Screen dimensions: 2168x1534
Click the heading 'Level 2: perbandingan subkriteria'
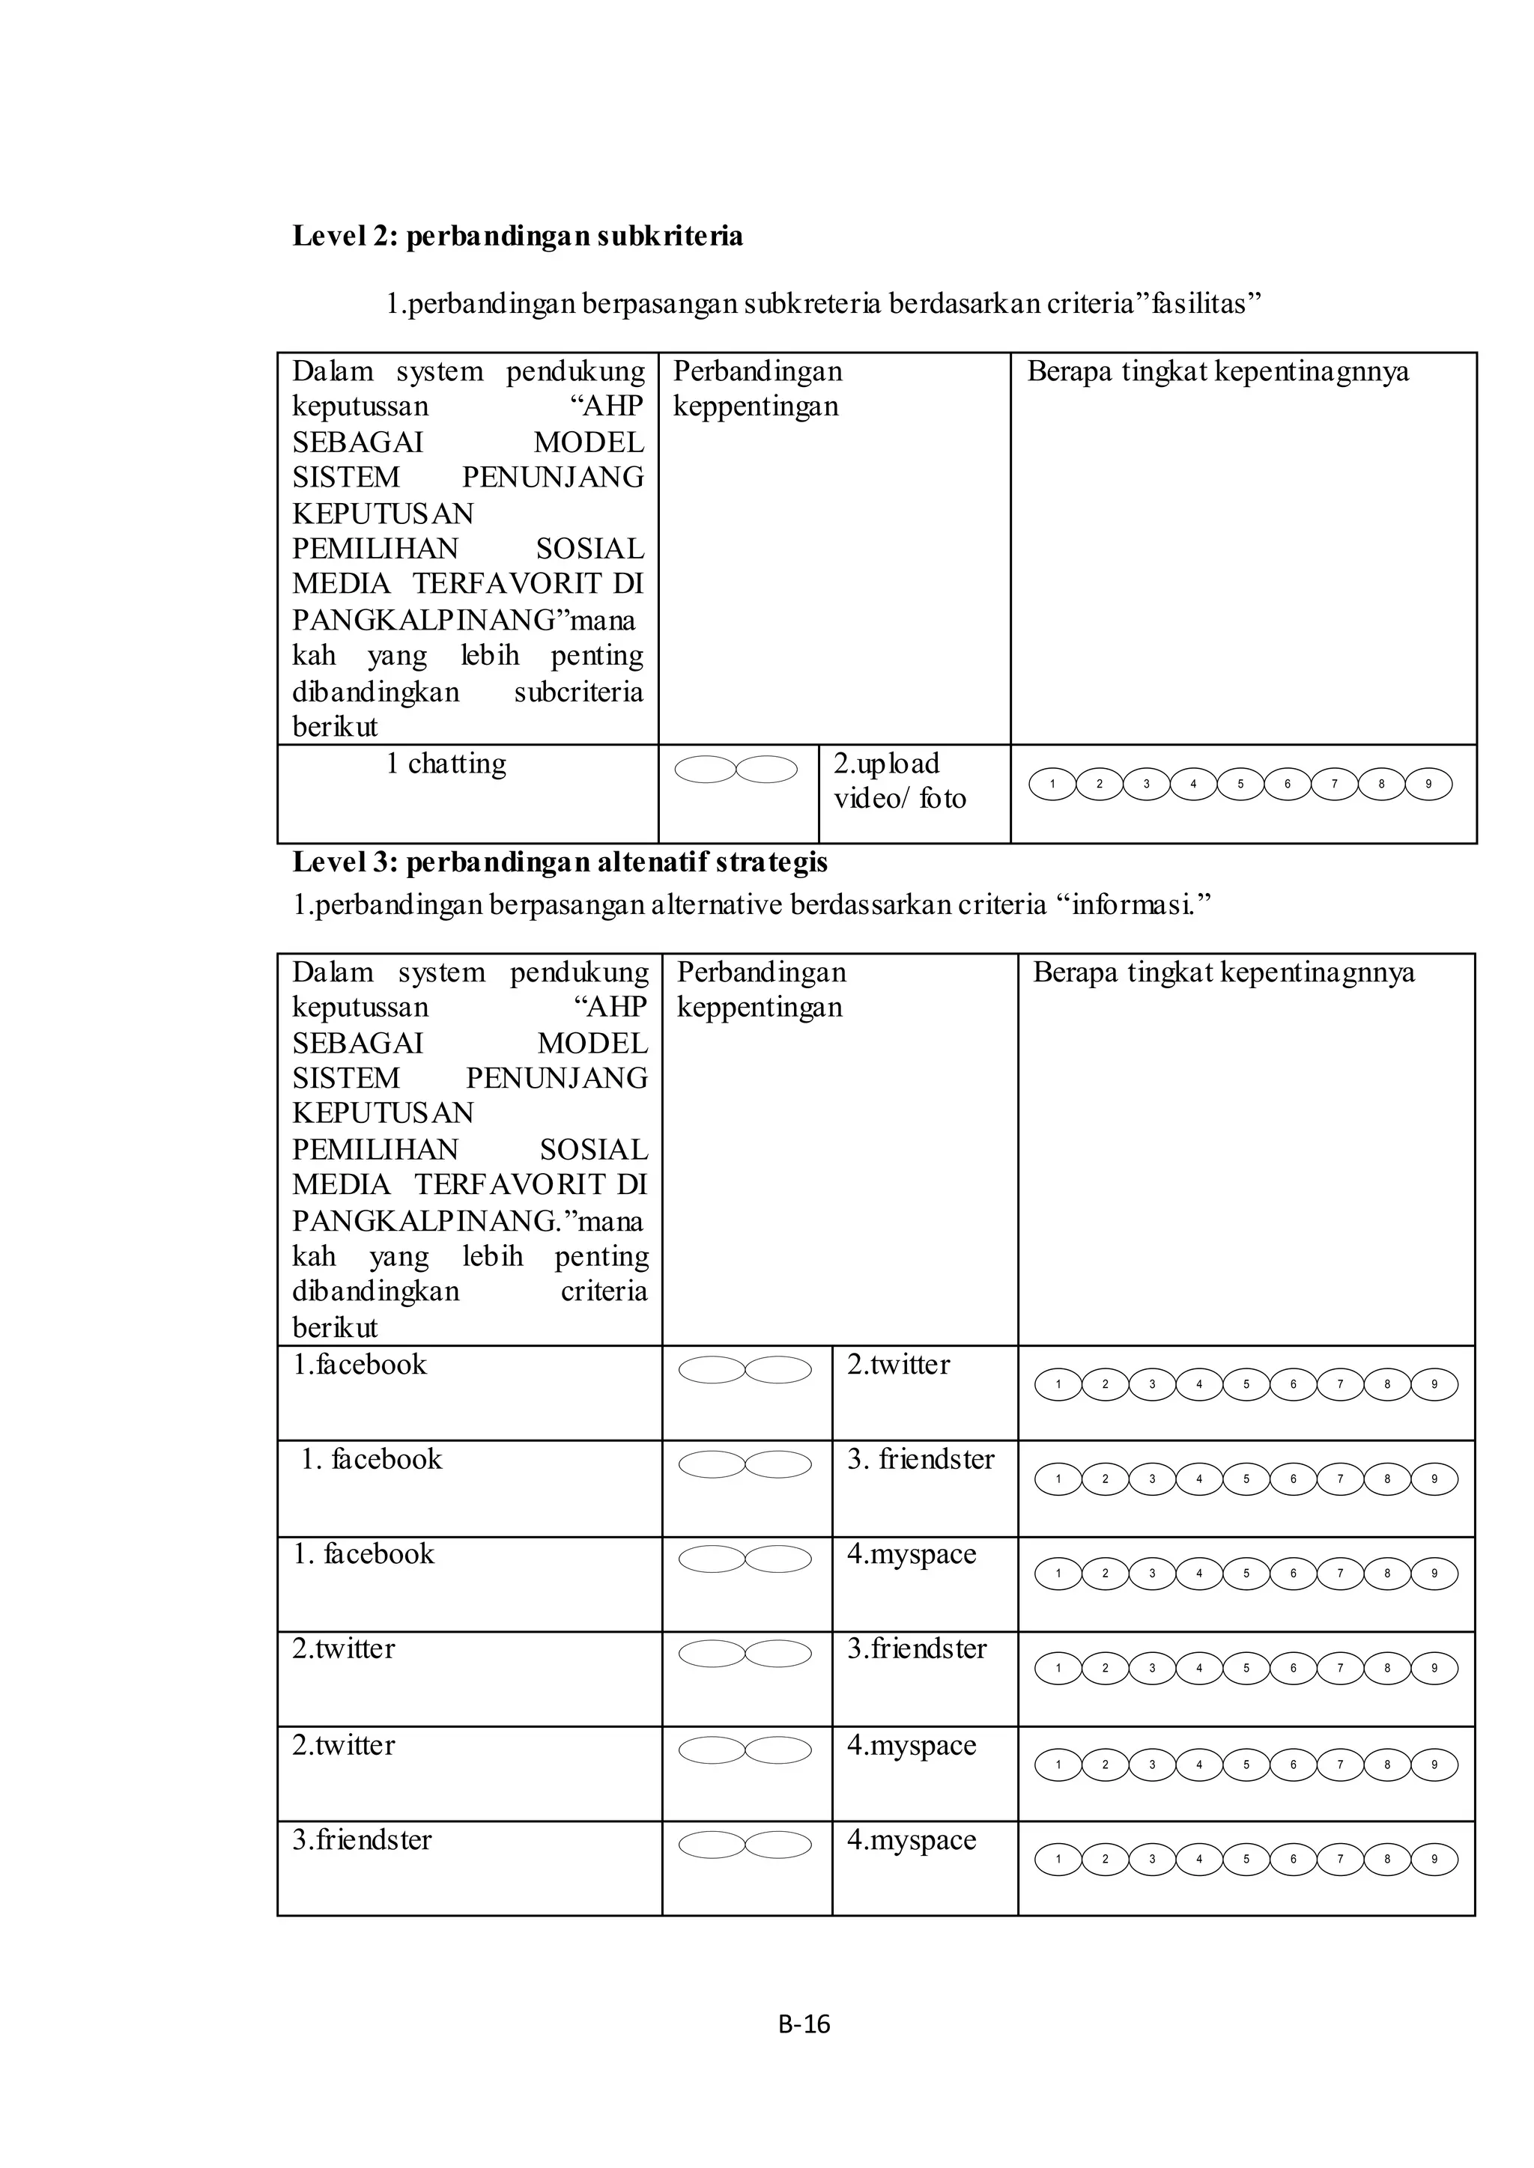pos(517,236)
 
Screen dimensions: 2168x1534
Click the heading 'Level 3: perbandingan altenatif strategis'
pos(560,862)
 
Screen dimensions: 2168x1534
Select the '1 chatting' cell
pos(446,763)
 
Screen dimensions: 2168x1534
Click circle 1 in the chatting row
pos(1052,784)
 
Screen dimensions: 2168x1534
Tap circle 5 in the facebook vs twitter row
pos(1246,1385)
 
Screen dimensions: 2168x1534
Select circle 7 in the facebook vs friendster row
pos(1339,1479)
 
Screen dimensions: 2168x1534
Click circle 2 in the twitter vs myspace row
pos(1105,1764)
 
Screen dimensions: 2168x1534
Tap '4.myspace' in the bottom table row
pos(912,1840)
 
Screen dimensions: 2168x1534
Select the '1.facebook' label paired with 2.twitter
pos(359,1365)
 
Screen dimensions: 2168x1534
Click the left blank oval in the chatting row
pos(706,770)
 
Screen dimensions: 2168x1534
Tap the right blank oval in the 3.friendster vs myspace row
pos(778,1845)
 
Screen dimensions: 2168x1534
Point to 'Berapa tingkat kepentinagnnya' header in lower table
pos(1223,972)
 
